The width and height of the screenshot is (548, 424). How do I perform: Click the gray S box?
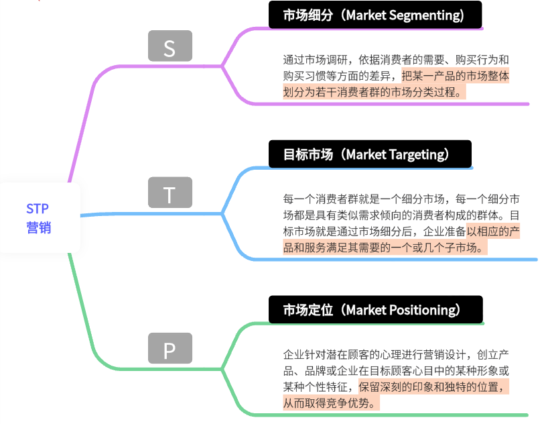169,47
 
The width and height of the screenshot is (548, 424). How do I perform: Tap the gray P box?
169,349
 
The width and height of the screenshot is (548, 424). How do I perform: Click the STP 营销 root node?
39,218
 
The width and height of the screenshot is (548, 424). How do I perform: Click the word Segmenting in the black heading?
425,15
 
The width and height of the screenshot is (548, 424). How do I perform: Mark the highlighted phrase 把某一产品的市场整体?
455,76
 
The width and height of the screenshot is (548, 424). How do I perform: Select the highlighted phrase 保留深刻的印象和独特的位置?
433,387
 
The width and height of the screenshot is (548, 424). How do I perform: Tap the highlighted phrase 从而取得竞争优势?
331,403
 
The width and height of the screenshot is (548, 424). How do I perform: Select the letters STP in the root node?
38,209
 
